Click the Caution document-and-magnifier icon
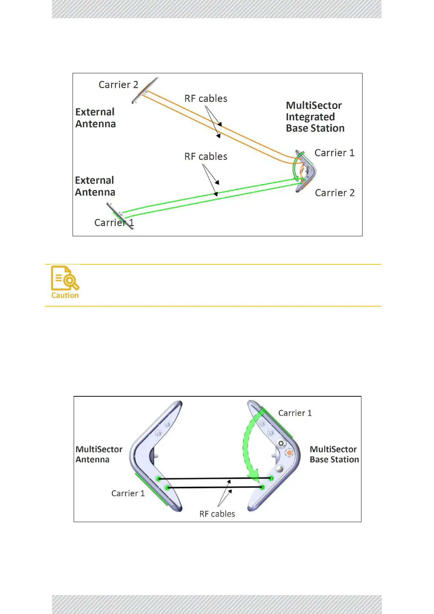[x=65, y=278]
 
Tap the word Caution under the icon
[x=65, y=295]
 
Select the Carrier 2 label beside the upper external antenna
[x=118, y=85]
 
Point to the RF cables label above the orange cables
[x=206, y=98]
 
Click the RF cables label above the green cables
[x=206, y=156]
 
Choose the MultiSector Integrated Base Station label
[x=315, y=117]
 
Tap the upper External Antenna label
[x=96, y=118]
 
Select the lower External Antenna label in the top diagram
[x=95, y=186]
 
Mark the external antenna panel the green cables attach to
[x=120, y=215]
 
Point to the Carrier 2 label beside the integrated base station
[x=334, y=193]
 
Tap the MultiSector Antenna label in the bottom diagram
[x=99, y=454]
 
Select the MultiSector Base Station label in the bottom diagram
[x=334, y=454]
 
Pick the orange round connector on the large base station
[x=289, y=453]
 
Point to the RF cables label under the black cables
[x=217, y=514]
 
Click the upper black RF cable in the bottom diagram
[x=215, y=478]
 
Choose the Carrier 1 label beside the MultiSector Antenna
[x=128, y=493]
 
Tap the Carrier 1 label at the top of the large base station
[x=295, y=413]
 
